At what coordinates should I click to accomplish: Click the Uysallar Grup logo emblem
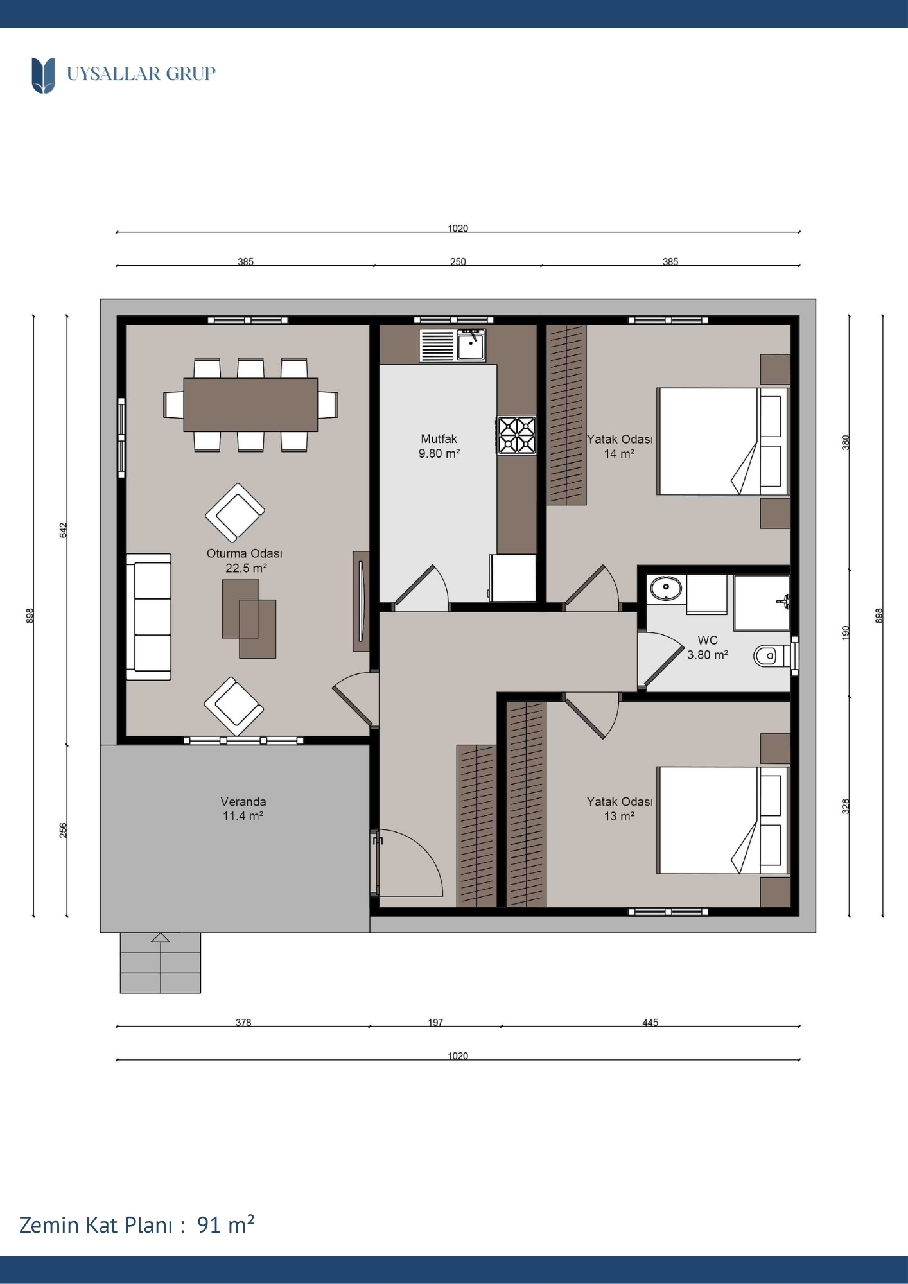click(43, 75)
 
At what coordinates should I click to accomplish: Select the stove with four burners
click(516, 435)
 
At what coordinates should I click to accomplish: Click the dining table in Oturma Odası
click(250, 404)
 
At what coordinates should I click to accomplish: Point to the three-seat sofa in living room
click(148, 616)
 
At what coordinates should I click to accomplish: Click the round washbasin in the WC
click(666, 587)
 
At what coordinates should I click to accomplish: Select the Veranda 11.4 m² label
click(243, 809)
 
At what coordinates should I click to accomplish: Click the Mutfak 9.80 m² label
click(439, 446)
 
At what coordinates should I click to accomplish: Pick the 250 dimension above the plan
click(458, 261)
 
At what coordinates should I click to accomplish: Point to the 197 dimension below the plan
click(435, 1022)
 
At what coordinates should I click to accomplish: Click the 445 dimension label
click(650, 1022)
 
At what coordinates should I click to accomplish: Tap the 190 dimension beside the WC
click(846, 632)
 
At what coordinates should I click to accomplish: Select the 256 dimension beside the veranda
click(63, 830)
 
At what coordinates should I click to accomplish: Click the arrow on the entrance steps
click(161, 937)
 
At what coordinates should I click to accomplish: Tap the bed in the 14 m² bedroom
click(722, 441)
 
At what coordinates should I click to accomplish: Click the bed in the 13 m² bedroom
click(722, 820)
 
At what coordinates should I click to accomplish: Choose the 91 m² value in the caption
click(225, 1225)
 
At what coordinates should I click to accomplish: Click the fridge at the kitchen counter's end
click(513, 578)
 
